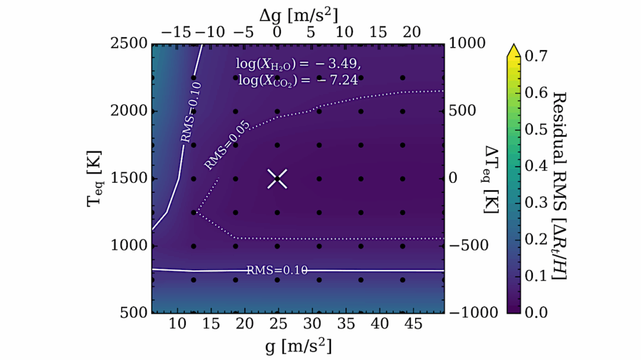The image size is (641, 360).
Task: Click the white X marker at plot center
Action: [278, 178]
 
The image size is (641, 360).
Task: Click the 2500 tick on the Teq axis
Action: [128, 43]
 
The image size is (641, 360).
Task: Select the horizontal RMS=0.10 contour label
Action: [275, 270]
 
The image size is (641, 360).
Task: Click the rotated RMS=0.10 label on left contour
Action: [190, 120]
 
